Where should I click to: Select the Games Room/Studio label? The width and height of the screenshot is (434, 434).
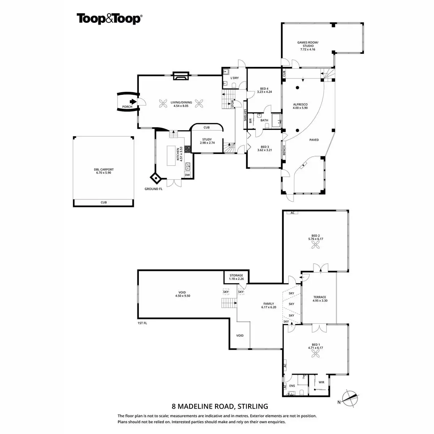308,46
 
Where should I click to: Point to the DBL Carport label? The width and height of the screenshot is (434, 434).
104,171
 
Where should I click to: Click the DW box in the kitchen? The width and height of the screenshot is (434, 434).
187,175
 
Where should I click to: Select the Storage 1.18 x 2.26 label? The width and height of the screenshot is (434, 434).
237,277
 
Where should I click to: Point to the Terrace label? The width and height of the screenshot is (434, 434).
319,299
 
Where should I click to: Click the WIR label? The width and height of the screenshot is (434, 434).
321,382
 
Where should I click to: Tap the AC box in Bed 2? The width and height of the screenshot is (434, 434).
292,213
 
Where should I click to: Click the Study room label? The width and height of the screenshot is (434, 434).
207,141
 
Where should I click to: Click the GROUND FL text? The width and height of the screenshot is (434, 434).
154,189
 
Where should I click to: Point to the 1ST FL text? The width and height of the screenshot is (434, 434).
142,323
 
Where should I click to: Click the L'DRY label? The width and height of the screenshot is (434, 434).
235,78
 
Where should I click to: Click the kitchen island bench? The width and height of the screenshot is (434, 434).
171,156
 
